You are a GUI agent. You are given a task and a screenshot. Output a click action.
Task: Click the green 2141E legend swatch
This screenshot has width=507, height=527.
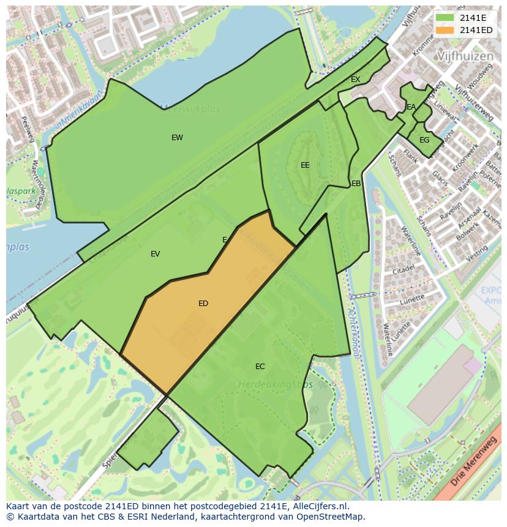coord(445,18)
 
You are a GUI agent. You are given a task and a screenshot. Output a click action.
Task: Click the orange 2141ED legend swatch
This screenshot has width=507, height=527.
coord(445,30)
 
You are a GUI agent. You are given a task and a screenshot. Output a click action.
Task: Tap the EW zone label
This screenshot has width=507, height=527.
coord(177,138)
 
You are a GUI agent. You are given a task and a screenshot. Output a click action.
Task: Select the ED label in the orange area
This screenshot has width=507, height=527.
coord(203,304)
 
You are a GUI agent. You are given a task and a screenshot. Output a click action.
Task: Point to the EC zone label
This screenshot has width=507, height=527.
coord(260,367)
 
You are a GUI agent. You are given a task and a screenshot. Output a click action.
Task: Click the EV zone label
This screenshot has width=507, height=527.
coord(155,254)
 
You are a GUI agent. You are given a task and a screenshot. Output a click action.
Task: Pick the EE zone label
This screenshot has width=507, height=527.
coord(305,165)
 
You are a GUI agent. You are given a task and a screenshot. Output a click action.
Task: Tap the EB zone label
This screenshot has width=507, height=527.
coord(356,184)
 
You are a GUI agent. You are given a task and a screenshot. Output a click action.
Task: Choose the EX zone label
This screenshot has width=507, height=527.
coord(355,80)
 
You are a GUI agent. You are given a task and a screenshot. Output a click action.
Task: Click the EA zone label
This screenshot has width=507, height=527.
coord(411,107)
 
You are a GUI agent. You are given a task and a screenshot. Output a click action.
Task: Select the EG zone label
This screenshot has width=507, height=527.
coord(424,140)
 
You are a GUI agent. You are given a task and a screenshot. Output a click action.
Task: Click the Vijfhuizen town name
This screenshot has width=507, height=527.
coord(465,56)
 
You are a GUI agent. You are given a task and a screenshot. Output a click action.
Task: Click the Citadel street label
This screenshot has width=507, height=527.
coord(404,269)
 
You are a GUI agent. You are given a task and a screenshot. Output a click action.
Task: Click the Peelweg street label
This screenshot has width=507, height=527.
coord(28,129)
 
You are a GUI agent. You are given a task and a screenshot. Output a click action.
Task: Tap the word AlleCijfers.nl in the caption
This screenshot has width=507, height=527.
coord(318,507)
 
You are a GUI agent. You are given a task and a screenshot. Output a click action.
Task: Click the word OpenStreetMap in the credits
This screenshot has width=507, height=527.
coord(333,517)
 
